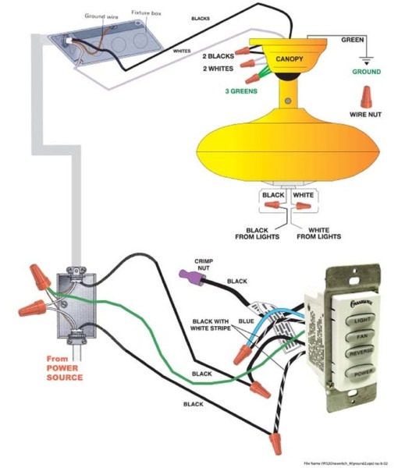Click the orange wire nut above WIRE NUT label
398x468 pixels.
point(364,96)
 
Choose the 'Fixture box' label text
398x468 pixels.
point(145,14)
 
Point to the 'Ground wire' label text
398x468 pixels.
point(101,15)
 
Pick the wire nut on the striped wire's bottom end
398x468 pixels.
point(274,444)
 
